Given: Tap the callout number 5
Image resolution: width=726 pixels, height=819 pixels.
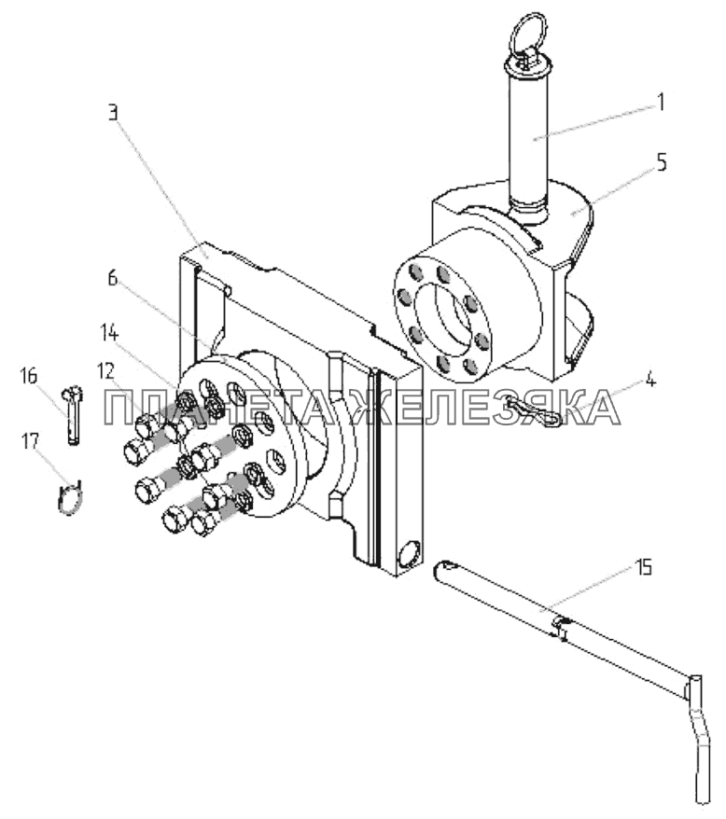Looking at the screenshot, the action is pyautogui.click(x=662, y=163).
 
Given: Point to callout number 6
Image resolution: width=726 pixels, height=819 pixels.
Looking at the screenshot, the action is pyautogui.click(x=112, y=278).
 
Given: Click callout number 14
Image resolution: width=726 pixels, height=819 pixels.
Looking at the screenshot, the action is pyautogui.click(x=110, y=333).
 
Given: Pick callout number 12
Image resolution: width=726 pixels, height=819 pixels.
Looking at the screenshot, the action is pyautogui.click(x=105, y=371).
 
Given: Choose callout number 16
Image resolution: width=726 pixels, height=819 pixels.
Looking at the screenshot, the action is pyautogui.click(x=29, y=376).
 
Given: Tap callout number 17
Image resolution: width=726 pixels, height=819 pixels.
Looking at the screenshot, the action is pyautogui.click(x=30, y=441).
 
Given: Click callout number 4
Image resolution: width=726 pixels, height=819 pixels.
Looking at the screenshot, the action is pyautogui.click(x=649, y=380).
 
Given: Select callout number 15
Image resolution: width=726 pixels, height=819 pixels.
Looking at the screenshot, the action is pyautogui.click(x=644, y=567).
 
